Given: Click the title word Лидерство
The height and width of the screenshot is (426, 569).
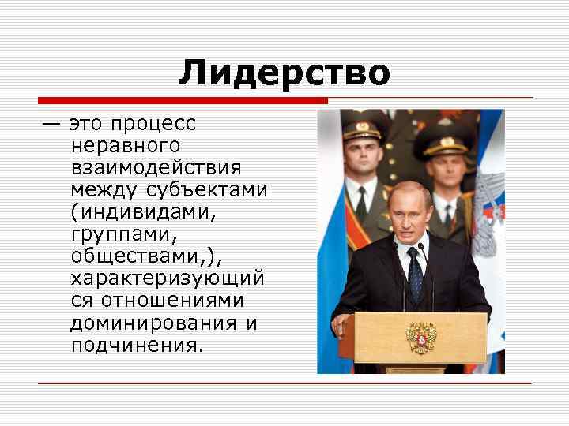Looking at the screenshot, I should coord(284,73).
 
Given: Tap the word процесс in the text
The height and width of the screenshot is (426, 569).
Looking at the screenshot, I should coord(153,125).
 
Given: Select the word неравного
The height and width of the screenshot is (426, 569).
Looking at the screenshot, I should coord(125,146).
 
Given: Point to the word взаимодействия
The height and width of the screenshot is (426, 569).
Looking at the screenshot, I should coord(156,168).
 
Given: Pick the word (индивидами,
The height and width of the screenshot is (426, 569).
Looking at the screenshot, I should coord(143,212).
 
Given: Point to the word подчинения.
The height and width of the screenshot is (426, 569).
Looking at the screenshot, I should coord(136,346).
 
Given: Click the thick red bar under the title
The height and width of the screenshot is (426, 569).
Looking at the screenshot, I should coord(183,101).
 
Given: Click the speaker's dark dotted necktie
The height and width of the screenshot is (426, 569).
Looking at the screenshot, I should coord(414,273).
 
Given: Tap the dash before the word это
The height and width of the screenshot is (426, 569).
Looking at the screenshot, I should coord(51,125).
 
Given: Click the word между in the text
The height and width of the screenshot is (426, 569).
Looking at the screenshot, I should coord(105,190).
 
